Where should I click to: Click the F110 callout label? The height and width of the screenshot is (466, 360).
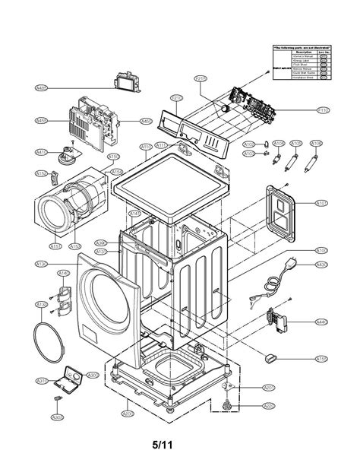[323, 110]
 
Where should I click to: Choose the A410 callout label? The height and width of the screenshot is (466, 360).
[41, 152]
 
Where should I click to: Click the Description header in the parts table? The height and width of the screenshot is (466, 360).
[303, 52]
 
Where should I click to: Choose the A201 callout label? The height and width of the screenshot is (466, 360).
[268, 387]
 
